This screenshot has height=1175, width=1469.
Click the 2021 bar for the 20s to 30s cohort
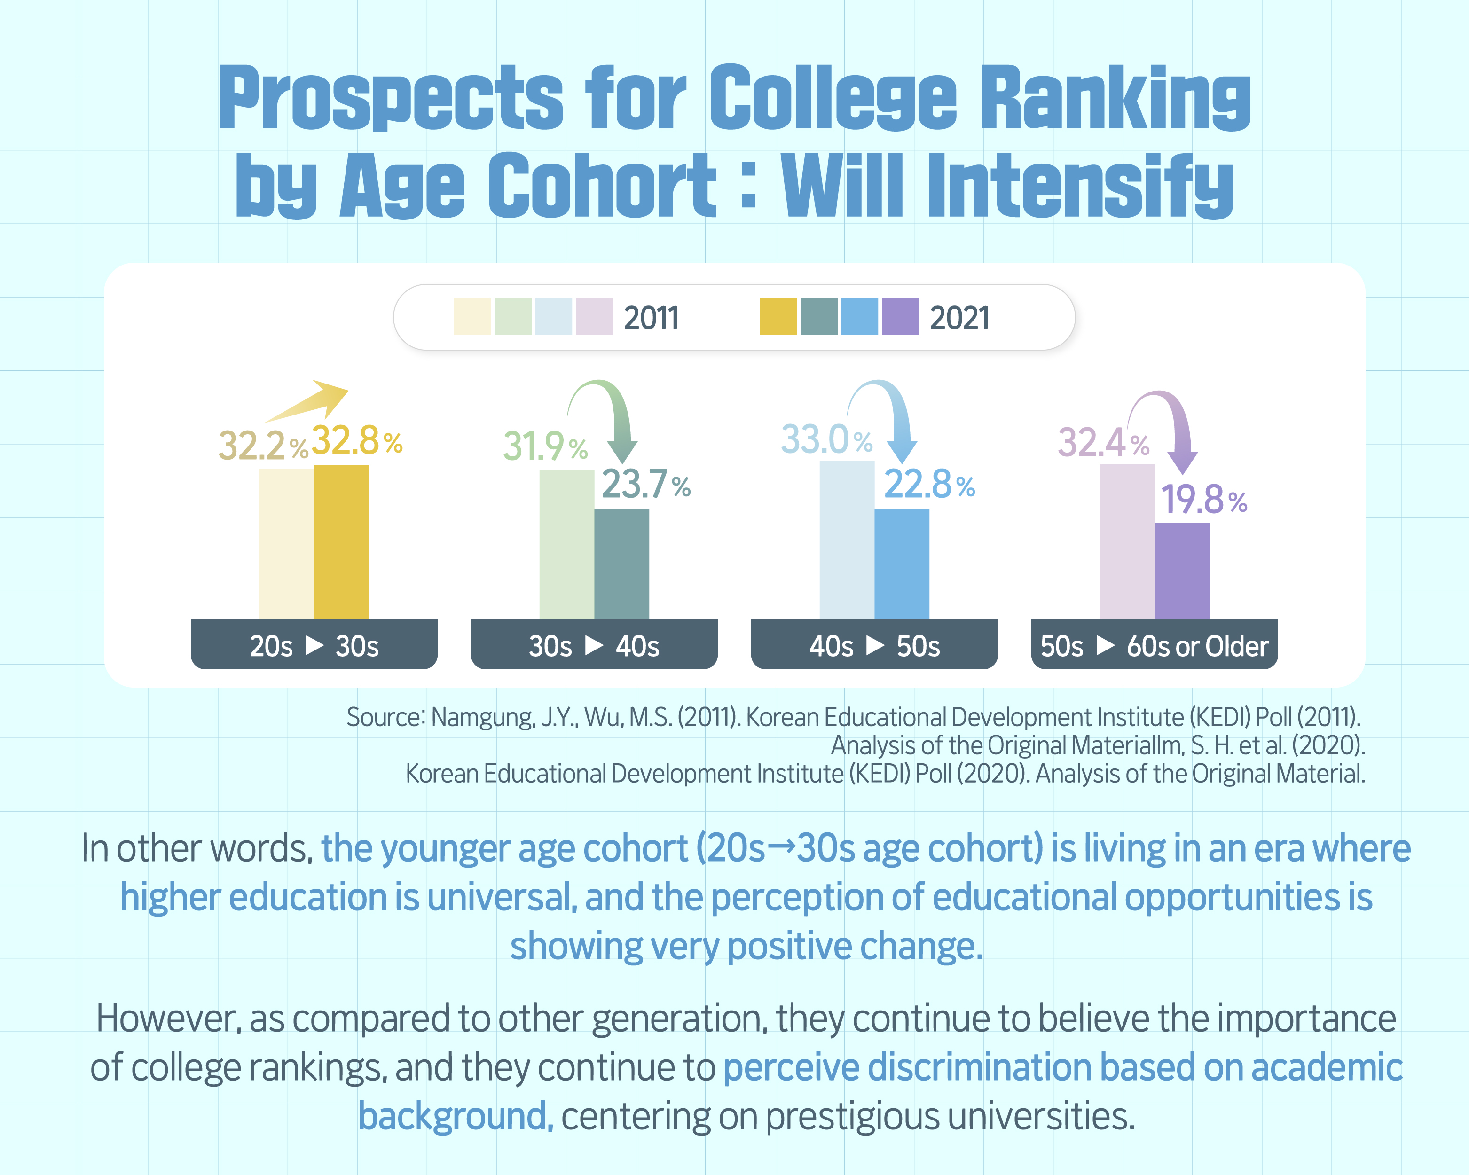[341, 541]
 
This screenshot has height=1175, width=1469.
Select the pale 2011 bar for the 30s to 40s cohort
[566, 544]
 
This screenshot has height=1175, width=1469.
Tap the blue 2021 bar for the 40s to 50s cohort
[902, 564]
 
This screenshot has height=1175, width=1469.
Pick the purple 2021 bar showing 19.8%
[1181, 571]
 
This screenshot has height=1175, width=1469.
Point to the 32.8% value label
[356, 441]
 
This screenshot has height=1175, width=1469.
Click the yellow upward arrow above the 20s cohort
[310, 401]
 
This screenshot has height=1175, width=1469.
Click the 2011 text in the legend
[651, 318]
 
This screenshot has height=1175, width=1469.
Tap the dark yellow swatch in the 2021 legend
[778, 317]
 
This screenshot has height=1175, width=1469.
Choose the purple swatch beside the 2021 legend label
[899, 317]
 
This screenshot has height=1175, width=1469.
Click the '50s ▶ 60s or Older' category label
[1154, 646]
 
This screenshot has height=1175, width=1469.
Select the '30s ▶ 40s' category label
[593, 646]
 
